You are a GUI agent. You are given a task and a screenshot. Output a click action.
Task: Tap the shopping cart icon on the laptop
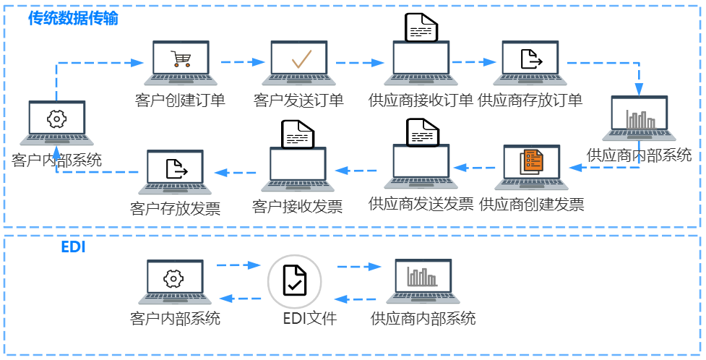click(x=181, y=59)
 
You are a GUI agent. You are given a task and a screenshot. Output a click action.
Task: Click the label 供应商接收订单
click(x=421, y=100)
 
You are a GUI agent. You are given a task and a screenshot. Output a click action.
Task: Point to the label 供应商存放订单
click(x=530, y=100)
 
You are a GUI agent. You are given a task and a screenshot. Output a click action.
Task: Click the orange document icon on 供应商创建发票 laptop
click(x=532, y=160)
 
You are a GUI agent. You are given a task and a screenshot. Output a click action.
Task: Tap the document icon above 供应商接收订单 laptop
click(x=422, y=27)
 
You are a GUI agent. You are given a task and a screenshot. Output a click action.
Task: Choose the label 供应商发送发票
click(x=421, y=204)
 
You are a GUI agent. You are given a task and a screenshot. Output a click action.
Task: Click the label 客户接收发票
click(x=297, y=207)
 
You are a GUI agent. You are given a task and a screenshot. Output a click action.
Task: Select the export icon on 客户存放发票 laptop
click(x=176, y=168)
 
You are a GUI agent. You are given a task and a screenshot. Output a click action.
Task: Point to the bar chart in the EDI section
click(x=421, y=277)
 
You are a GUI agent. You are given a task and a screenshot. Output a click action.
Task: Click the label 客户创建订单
click(x=180, y=100)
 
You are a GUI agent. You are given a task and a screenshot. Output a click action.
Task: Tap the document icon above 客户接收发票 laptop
click(x=297, y=133)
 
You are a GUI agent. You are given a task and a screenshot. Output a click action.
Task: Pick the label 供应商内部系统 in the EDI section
click(x=423, y=317)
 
